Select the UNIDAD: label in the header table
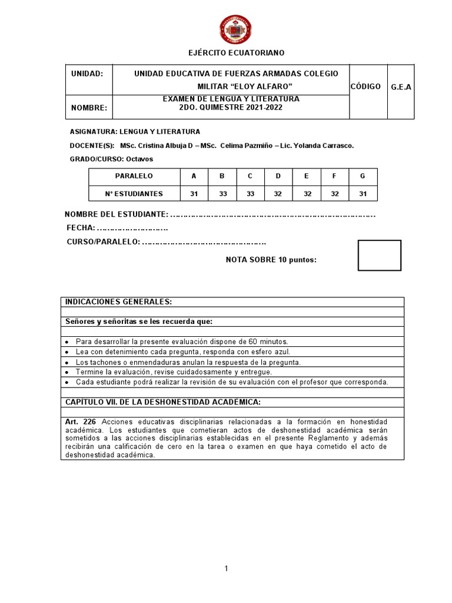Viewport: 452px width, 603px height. click(87, 74)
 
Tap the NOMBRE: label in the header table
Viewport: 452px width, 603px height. click(89, 108)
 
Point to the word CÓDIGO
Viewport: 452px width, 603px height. click(369, 87)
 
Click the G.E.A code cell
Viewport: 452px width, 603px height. click(401, 87)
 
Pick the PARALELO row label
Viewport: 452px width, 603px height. click(134, 176)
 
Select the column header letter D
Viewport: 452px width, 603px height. click(277, 176)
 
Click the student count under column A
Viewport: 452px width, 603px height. click(194, 193)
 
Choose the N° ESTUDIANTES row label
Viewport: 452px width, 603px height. click(134, 193)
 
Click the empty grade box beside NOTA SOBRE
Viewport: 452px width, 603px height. click(380, 256)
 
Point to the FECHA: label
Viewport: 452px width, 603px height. click(81, 228)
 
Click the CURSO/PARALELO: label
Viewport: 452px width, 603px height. click(103, 242)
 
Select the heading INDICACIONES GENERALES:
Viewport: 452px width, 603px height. click(118, 301)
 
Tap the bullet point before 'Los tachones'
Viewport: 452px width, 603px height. click(67, 363)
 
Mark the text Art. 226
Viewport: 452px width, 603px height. click(81, 422)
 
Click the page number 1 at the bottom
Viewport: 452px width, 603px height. click(225, 568)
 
